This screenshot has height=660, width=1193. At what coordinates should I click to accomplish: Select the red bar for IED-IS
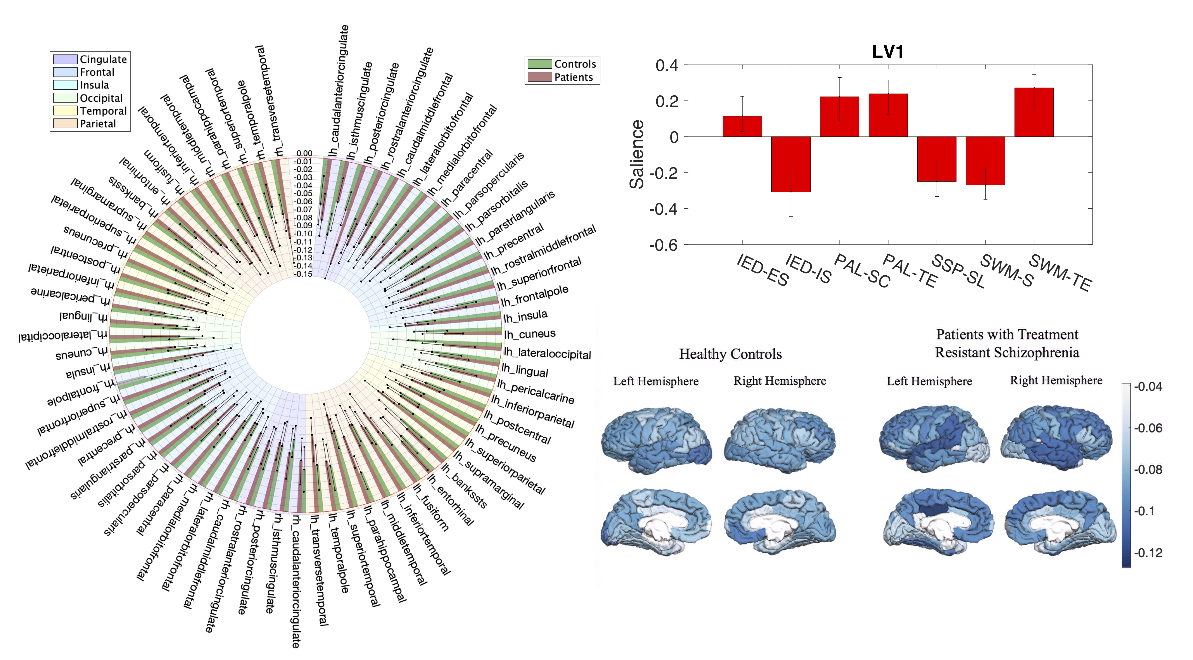click(x=791, y=164)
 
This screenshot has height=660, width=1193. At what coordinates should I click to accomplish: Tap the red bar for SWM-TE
click(x=1034, y=112)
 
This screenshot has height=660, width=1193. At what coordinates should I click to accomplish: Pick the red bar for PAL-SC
click(x=839, y=117)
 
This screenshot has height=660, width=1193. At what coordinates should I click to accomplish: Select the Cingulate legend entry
click(x=103, y=59)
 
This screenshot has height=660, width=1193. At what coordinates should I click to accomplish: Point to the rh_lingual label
click(x=83, y=317)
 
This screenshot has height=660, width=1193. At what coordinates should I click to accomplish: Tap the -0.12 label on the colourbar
click(x=1148, y=553)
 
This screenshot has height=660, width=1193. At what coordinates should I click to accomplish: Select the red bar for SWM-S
click(x=985, y=161)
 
